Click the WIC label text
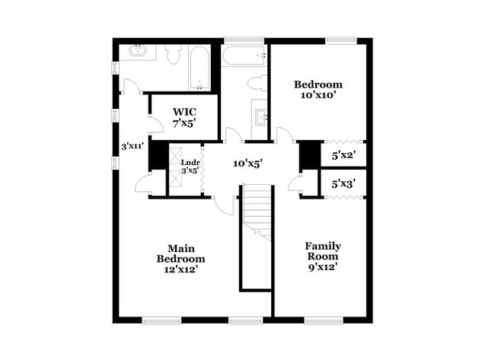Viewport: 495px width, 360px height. tap(184, 116)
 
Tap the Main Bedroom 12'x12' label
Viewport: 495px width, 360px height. tap(180, 258)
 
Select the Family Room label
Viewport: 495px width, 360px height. tap(322, 256)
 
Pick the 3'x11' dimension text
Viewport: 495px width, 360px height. tap(133, 145)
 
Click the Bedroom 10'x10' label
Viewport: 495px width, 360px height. tap(318, 91)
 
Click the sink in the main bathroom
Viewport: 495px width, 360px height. tap(138, 53)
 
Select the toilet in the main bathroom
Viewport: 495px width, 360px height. tap(173, 53)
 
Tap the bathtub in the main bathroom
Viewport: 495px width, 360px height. tap(200, 68)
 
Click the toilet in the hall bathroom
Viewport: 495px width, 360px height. tap(256, 83)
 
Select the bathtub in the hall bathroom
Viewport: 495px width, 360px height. tap(244, 54)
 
